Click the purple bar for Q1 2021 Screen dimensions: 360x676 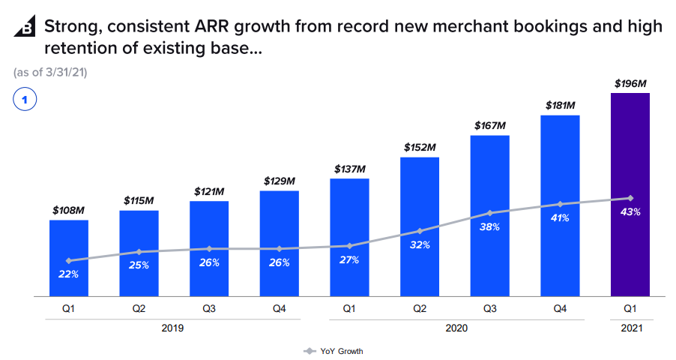click(630, 195)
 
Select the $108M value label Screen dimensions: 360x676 click(68, 211)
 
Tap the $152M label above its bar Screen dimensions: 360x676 click(420, 148)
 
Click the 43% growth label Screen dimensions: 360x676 click(630, 212)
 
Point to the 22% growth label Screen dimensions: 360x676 click(68, 274)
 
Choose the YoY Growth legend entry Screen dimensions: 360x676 click(334, 351)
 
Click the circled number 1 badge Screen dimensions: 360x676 click(25, 100)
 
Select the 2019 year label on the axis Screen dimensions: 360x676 click(172, 328)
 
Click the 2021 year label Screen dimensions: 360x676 click(630, 328)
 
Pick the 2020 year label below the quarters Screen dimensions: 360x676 click(456, 328)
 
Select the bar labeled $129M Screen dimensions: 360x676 click(280, 244)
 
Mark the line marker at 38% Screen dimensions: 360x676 click(490, 213)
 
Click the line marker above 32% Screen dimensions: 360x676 click(420, 231)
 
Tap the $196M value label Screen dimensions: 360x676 click(630, 83)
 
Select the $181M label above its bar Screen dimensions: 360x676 click(560, 105)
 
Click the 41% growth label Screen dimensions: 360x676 click(560, 217)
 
